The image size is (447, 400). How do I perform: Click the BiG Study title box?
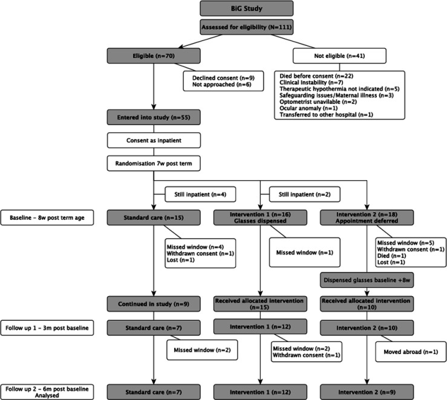(247, 8)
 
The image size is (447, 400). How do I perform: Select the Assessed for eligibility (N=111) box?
(247, 27)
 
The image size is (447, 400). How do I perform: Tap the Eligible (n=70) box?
(154, 56)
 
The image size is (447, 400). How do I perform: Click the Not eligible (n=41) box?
(339, 56)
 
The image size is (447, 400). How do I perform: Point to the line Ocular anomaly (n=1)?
(308, 108)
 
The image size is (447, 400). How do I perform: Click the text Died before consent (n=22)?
(316, 76)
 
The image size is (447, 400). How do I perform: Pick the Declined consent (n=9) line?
(223, 78)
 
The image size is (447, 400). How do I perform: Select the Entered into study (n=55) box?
(154, 117)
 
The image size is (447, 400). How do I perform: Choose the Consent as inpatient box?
(154, 140)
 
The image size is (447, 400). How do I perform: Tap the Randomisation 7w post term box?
(154, 163)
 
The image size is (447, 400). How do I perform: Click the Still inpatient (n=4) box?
(200, 195)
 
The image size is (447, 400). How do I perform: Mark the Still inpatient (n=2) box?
(305, 195)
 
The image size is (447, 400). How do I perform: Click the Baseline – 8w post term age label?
(47, 218)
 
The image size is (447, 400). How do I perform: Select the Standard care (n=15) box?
(154, 218)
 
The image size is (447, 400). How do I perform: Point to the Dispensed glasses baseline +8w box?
(367, 280)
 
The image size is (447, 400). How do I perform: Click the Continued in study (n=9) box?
(154, 304)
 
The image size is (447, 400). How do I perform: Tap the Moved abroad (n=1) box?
(411, 352)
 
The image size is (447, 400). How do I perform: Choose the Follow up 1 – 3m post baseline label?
(47, 327)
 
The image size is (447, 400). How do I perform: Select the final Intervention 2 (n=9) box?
(367, 392)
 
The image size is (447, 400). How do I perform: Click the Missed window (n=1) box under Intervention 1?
(305, 253)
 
